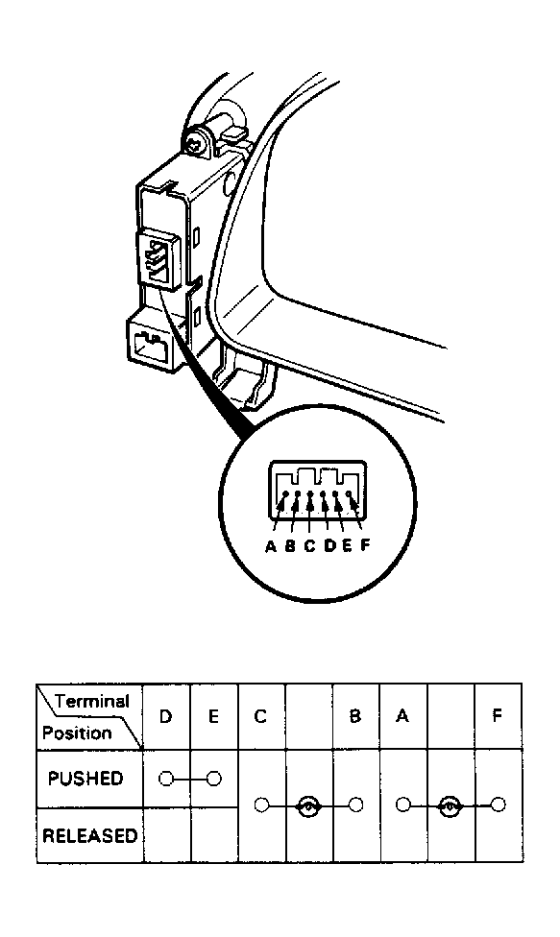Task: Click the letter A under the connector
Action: click(x=271, y=546)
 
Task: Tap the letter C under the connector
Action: click(x=309, y=546)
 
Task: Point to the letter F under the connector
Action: click(x=365, y=546)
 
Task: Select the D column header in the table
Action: click(x=166, y=716)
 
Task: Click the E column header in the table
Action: click(x=213, y=716)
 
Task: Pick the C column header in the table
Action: click(x=260, y=716)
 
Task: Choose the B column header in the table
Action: click(x=355, y=716)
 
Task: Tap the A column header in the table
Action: click(x=402, y=716)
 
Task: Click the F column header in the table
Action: click(x=498, y=716)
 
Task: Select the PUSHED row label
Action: click(x=85, y=779)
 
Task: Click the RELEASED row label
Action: click(x=89, y=835)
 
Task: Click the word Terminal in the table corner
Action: click(x=92, y=701)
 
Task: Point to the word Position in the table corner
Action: click(x=77, y=733)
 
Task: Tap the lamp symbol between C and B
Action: click(x=308, y=806)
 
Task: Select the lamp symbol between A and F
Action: click(x=450, y=806)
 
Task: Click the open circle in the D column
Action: click(x=166, y=779)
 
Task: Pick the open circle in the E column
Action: click(x=214, y=779)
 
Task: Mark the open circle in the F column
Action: click(x=499, y=805)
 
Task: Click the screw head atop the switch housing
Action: click(x=195, y=144)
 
